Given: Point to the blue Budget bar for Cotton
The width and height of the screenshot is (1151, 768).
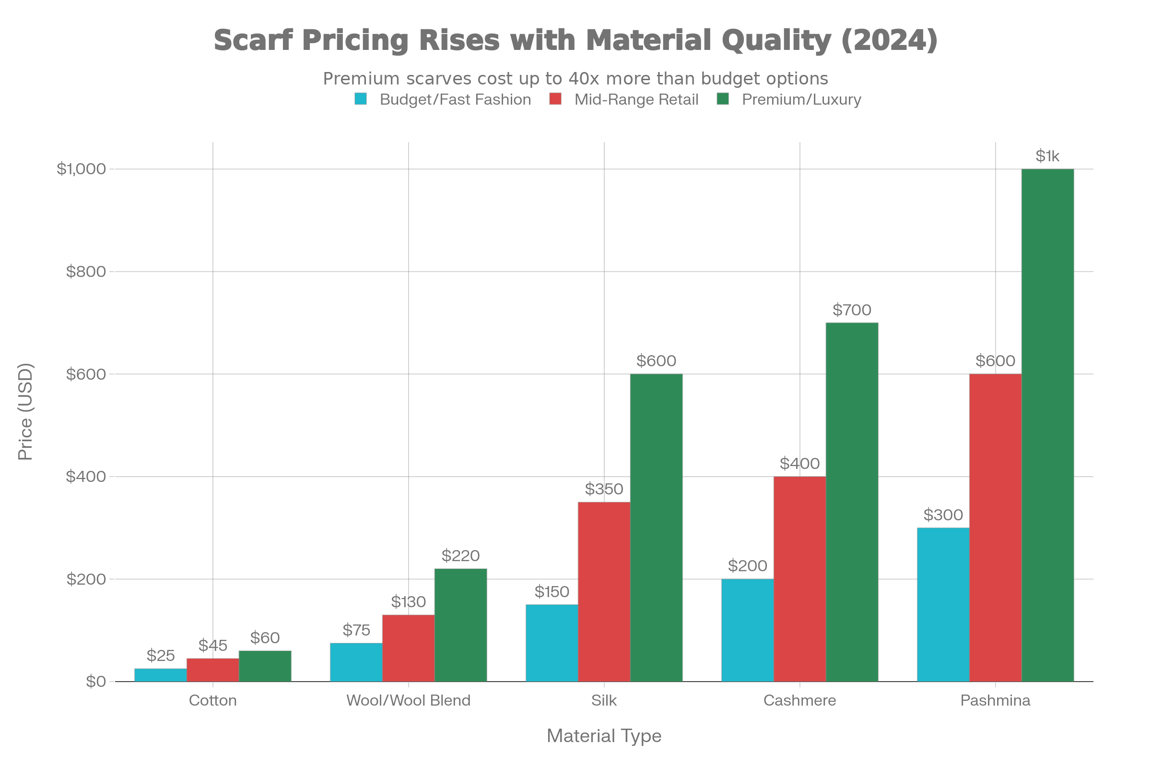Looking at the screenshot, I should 161,674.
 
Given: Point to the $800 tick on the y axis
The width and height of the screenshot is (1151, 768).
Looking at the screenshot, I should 86,271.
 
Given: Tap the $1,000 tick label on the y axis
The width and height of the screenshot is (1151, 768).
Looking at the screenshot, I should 81,169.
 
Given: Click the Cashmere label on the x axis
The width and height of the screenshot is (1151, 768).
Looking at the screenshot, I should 799,700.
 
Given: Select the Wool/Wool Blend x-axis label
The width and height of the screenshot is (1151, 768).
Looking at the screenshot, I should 408,700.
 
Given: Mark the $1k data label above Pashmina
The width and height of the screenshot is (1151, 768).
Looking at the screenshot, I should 1047,156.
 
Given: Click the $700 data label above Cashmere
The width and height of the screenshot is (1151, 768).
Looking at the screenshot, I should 852,310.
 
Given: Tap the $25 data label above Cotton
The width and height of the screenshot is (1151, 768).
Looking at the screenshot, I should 161,655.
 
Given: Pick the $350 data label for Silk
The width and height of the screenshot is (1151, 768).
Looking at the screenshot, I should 604,489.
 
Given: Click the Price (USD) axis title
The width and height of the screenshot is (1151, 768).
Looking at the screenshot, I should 25,411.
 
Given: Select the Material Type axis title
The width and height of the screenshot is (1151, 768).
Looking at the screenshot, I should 604,736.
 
